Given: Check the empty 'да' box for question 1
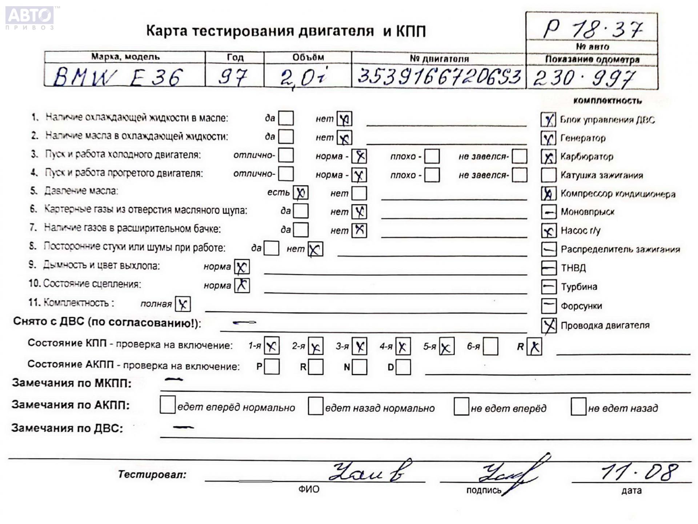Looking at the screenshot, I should point(286,118).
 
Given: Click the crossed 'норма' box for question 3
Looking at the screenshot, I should point(359,156).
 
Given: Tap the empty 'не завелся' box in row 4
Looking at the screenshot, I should point(520,175).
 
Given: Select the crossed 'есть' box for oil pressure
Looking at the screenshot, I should point(301,193).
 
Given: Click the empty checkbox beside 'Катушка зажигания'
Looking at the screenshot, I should point(548,175).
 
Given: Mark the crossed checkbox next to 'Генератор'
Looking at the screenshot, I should point(548,138).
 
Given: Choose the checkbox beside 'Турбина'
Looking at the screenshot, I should point(549,287).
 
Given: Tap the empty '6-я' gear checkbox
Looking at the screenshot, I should point(490,346).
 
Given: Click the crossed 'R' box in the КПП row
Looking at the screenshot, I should point(534,346).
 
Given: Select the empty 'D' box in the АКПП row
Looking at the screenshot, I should point(403,367).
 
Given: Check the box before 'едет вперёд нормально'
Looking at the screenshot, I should point(168,405).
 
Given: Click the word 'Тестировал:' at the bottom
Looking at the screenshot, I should point(152,475).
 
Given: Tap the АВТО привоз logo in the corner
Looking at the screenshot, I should point(30,17).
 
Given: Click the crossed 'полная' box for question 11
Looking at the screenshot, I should point(182,304).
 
